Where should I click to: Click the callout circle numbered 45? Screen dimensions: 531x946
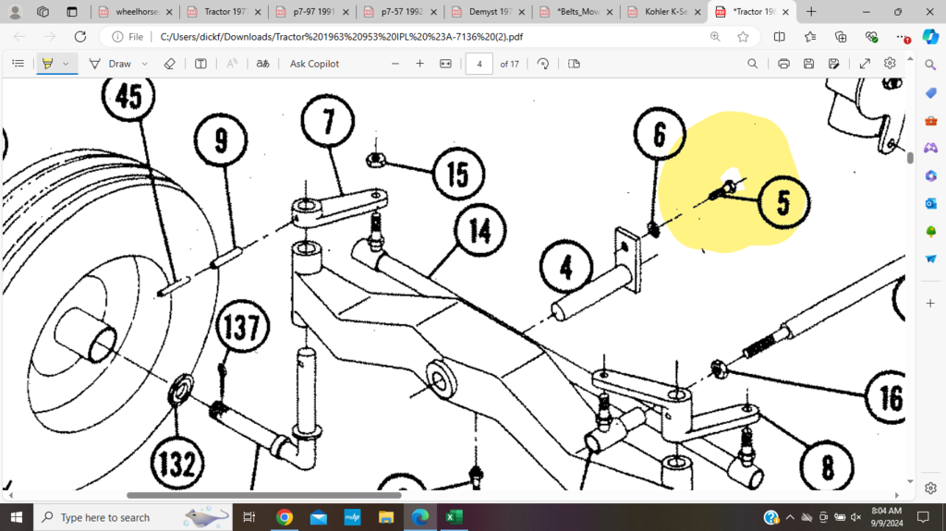(129, 98)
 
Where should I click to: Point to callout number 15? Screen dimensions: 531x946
(458, 174)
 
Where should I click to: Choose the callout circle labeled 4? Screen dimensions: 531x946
(565, 269)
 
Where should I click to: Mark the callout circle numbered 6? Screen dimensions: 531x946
(659, 135)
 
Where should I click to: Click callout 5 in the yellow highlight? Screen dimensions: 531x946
(782, 202)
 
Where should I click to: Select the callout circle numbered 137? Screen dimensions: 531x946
(242, 330)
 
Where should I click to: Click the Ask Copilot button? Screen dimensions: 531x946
(314, 64)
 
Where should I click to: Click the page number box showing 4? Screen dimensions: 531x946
(479, 64)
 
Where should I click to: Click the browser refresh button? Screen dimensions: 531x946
(80, 37)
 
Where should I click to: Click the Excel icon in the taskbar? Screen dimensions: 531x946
(453, 517)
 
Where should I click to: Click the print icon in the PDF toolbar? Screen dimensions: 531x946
(783, 64)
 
